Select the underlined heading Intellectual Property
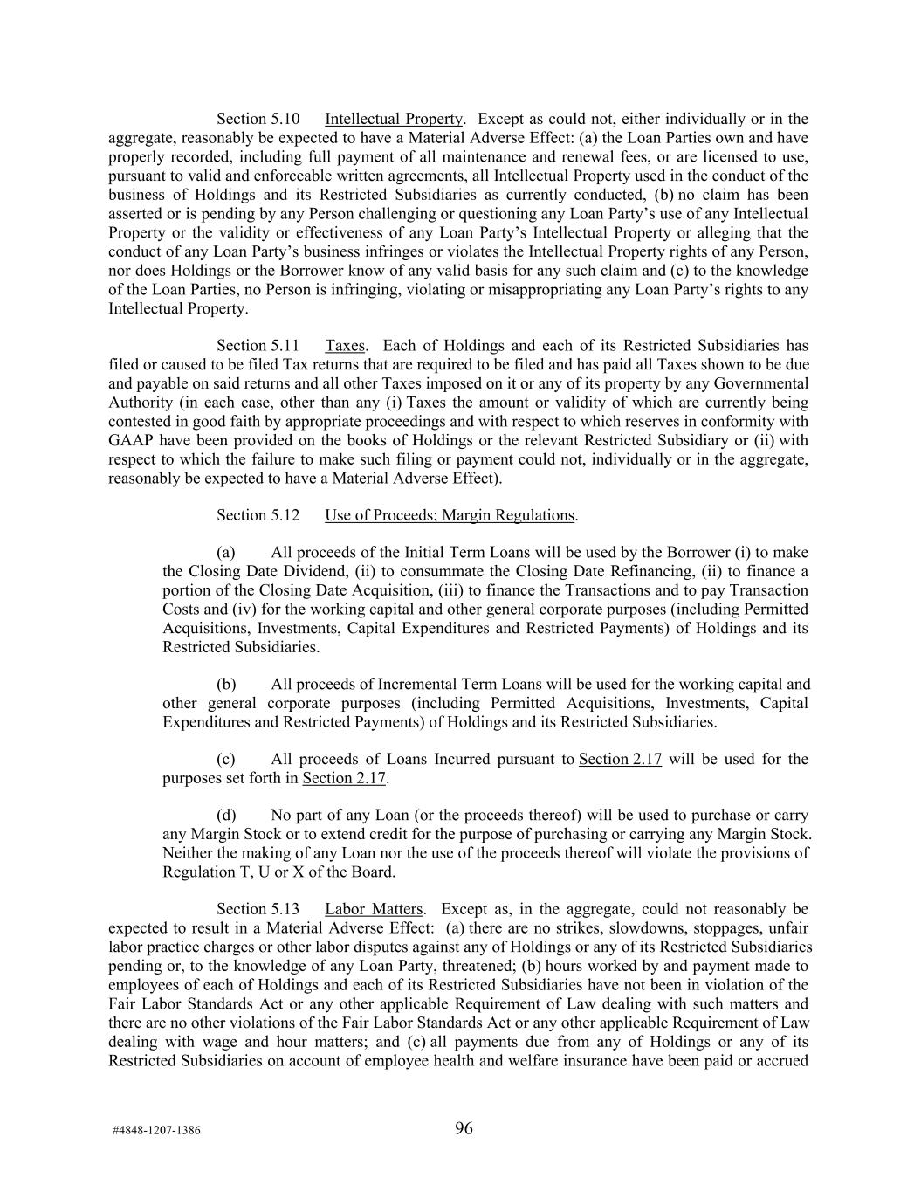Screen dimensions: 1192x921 tap(393, 119)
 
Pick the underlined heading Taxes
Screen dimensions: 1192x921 tap(345, 346)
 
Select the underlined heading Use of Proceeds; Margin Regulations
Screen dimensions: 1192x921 tap(450, 515)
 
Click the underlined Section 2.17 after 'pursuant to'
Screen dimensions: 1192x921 tap(620, 759)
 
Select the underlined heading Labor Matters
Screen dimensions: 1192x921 tap(374, 909)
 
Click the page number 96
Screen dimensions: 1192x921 tap(464, 1128)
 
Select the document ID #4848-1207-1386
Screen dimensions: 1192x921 tap(156, 1130)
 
